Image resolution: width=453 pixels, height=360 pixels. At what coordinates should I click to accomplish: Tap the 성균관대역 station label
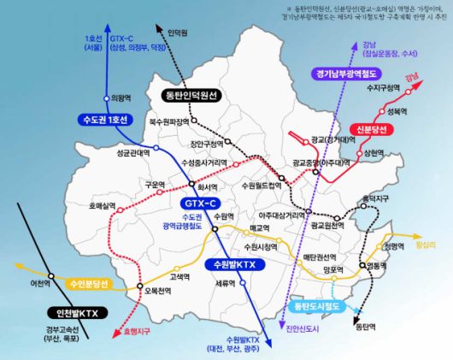tap(132, 153)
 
